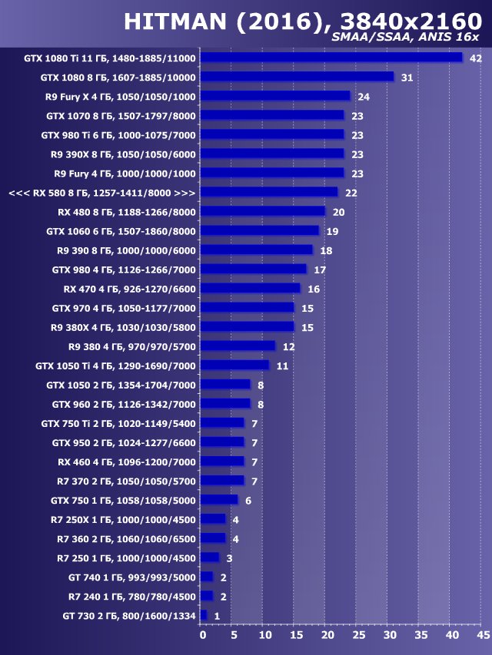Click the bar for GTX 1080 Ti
(332, 58)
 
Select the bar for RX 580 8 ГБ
(269, 192)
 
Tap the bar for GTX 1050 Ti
(235, 365)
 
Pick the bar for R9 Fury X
(275, 96)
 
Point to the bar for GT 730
(204, 615)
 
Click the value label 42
(475, 58)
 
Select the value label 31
(407, 78)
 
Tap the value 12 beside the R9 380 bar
(288, 346)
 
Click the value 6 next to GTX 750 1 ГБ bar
(248, 501)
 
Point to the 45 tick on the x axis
(482, 635)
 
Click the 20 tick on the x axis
(327, 635)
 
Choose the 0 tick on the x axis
(202, 635)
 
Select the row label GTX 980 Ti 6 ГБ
(118, 134)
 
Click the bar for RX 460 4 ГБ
(222, 461)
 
